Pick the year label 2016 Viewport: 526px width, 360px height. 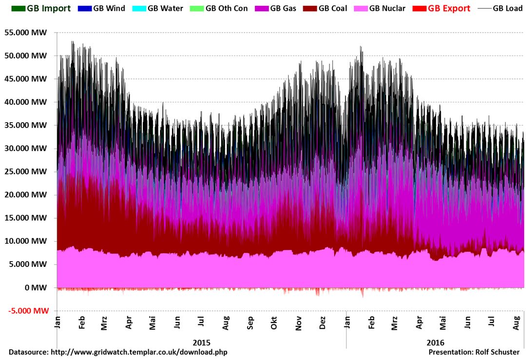tap(435, 342)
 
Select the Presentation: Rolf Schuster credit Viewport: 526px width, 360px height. tap(474, 352)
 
